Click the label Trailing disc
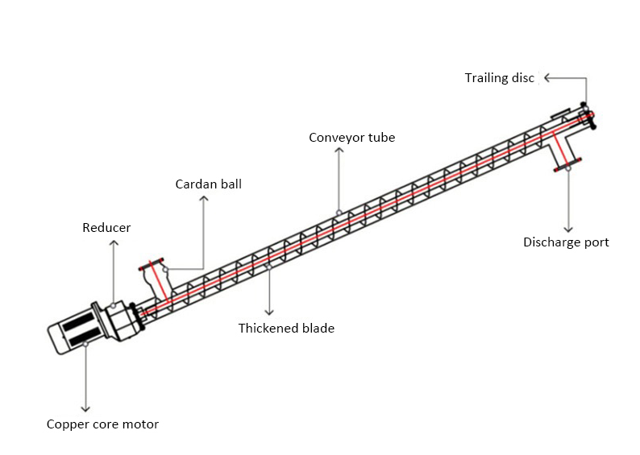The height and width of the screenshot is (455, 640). [498, 78]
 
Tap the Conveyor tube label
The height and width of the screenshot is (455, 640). [352, 138]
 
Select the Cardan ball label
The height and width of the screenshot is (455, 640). [209, 184]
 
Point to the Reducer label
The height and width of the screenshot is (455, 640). [106, 228]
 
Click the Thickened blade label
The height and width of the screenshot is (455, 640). [286, 328]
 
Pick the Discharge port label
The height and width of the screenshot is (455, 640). [566, 242]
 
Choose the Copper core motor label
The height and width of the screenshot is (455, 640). [102, 424]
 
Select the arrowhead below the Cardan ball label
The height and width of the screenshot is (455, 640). [203, 198]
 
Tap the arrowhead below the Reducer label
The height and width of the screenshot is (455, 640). [114, 242]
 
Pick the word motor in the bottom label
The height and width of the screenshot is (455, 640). [140, 424]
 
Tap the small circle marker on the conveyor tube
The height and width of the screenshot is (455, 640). [339, 213]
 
